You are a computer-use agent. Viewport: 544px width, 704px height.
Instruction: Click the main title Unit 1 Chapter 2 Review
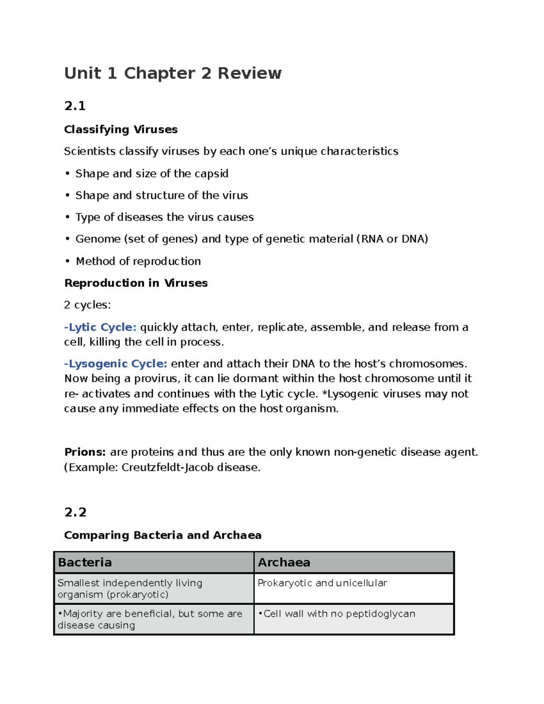click(x=173, y=73)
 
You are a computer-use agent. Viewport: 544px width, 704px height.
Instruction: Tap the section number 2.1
click(x=75, y=106)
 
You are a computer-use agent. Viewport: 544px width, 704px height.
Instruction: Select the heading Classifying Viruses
click(x=121, y=130)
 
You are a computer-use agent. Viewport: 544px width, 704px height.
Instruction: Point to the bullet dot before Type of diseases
click(x=68, y=218)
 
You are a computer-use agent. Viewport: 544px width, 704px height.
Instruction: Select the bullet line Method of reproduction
click(x=138, y=261)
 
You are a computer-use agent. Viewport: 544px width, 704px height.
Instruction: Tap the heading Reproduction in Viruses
click(x=136, y=283)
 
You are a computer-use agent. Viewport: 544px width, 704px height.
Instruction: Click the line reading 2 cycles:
click(x=87, y=305)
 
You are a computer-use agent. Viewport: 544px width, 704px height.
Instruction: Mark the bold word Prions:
click(x=85, y=452)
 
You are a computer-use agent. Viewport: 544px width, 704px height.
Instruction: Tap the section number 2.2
click(x=75, y=512)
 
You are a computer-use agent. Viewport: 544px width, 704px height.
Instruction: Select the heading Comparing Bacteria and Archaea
click(x=163, y=535)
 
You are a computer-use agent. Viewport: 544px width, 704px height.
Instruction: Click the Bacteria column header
click(x=85, y=563)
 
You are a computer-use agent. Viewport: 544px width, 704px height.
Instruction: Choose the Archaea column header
click(x=284, y=563)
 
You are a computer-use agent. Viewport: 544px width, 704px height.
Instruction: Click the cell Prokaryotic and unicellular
click(x=322, y=583)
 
